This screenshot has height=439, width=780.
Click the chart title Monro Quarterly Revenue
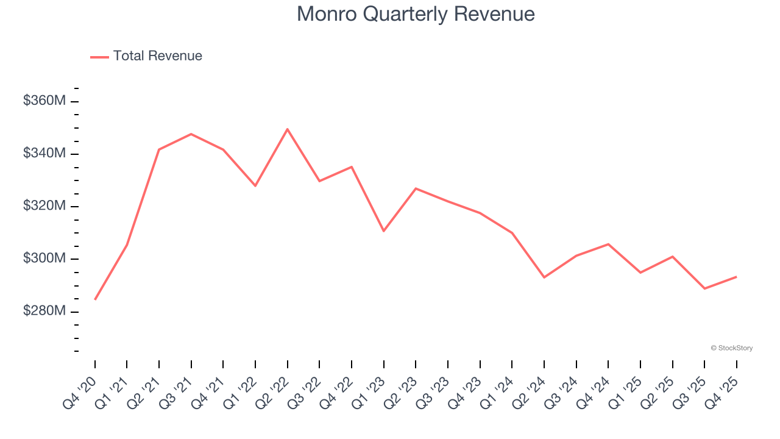coord(416,14)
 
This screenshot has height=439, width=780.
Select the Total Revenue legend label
coord(157,56)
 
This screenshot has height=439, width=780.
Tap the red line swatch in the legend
coord(99,57)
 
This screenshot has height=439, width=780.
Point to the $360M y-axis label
coord(44,101)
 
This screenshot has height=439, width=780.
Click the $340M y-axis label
coord(44,153)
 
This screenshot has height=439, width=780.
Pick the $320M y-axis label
coord(44,206)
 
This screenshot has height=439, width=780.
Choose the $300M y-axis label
coord(44,259)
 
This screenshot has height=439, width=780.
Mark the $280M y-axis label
coord(44,311)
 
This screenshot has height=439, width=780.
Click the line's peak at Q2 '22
coord(287,129)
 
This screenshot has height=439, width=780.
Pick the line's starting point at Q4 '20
coord(95,299)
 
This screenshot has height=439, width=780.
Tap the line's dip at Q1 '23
coord(383,231)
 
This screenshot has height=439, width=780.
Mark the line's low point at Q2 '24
coord(544,277)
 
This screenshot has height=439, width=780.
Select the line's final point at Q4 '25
coord(736,277)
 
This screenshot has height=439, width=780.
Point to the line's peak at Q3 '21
coord(191,134)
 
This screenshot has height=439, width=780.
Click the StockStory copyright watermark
coord(731,348)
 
